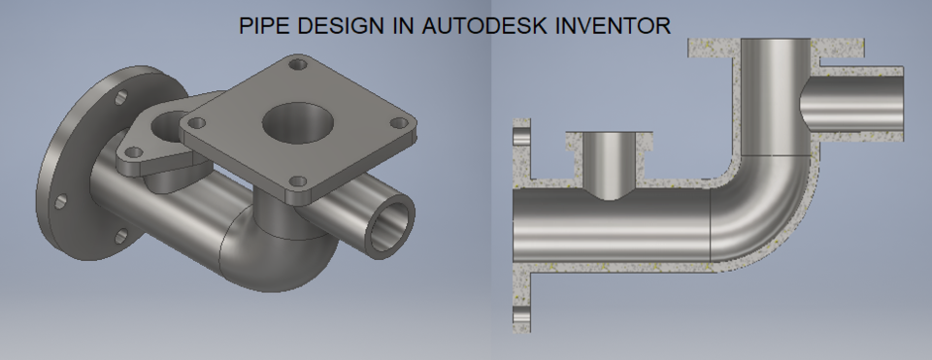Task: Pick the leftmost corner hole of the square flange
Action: click(198, 123)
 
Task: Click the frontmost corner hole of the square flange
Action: click(299, 182)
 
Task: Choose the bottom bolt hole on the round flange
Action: click(120, 235)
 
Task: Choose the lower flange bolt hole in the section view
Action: click(521, 315)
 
